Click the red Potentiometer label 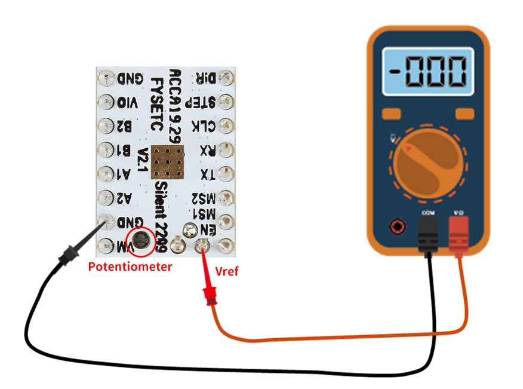(130, 267)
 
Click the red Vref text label (226, 272)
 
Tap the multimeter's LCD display (427, 71)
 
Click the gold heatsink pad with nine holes (168, 161)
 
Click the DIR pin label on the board (204, 78)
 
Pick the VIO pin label (127, 102)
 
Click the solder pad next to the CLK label (226, 126)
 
